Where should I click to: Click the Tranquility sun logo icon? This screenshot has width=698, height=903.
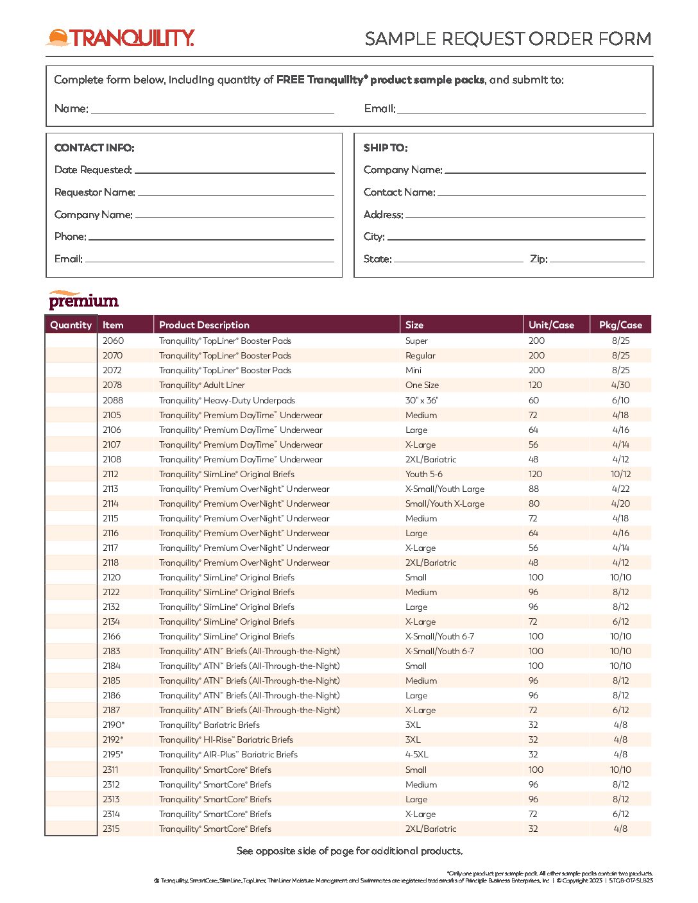click(58, 38)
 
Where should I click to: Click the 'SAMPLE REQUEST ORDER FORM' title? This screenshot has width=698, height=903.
click(507, 38)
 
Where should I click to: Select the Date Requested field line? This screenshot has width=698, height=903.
click(234, 170)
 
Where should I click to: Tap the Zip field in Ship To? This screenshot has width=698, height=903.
click(597, 258)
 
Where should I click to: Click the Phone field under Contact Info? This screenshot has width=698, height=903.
click(211, 237)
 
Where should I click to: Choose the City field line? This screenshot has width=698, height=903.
click(516, 237)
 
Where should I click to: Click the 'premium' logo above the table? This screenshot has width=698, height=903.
click(83, 300)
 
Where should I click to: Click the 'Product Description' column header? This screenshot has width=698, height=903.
click(204, 325)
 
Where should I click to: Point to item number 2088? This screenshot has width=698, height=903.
click(113, 400)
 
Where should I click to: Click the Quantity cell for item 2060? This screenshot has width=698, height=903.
click(71, 341)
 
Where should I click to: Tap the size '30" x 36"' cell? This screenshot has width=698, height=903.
click(421, 400)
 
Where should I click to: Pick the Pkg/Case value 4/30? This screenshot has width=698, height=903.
click(620, 385)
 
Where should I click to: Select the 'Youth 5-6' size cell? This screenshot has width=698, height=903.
click(423, 474)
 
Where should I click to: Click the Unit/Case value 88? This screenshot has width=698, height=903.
click(534, 489)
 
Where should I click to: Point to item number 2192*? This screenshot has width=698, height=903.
click(113, 739)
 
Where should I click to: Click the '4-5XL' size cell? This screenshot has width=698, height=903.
click(416, 754)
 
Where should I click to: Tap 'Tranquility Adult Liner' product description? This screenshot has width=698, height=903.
click(202, 385)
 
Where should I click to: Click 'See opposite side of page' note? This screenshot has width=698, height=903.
click(350, 851)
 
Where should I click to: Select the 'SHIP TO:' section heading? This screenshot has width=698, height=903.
click(385, 148)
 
